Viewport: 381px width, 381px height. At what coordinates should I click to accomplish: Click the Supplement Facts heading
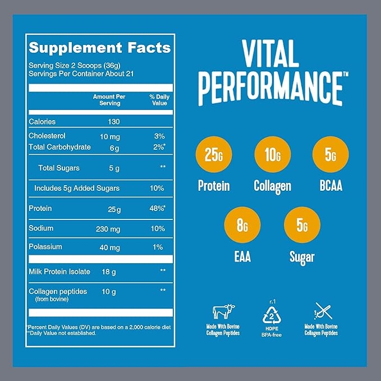pyautogui.click(x=100, y=48)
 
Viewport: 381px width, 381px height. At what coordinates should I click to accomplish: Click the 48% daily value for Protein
pyautogui.click(x=158, y=209)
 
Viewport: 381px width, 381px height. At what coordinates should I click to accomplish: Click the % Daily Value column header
pyautogui.click(x=159, y=100)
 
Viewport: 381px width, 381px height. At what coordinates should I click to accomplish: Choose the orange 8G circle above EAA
pyautogui.click(x=242, y=227)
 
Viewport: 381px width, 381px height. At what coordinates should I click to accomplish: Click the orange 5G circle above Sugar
pyautogui.click(x=302, y=227)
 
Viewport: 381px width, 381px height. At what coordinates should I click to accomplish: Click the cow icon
pyautogui.click(x=223, y=311)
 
